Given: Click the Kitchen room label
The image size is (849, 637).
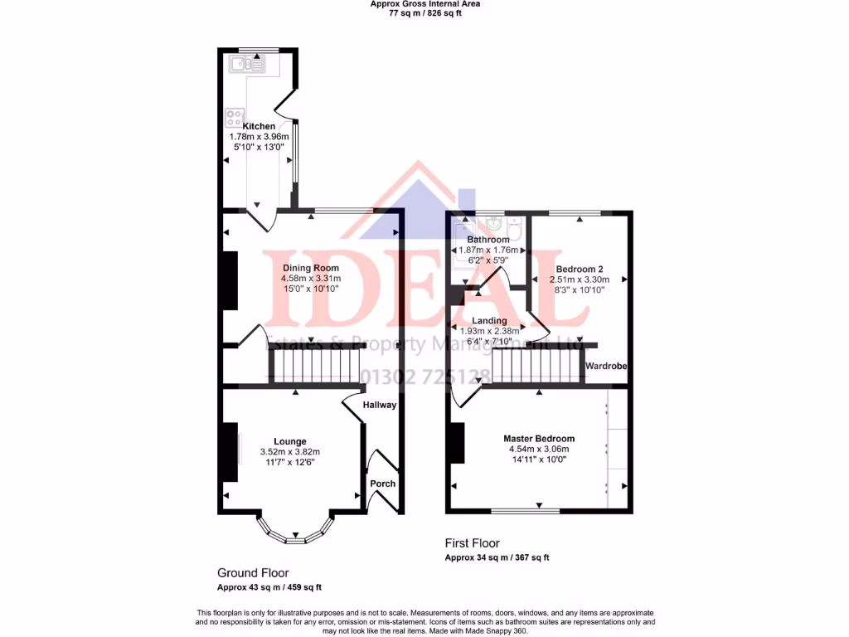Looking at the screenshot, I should click(259, 126).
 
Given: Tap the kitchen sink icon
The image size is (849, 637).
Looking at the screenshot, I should click(249, 62).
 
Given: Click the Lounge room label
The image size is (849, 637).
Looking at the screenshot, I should click(290, 441).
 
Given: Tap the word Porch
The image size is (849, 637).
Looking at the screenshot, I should click(383, 484).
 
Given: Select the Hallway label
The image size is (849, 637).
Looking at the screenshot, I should click(381, 405).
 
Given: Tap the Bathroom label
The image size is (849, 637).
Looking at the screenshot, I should click(488, 240).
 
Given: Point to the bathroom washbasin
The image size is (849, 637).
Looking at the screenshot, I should click(494, 223).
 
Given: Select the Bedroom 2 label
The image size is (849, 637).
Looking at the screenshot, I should click(579, 269).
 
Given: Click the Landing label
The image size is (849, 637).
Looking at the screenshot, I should click(489, 320).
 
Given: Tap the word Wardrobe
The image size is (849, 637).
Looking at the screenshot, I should click(605, 366).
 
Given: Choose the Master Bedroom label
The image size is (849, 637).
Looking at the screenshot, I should click(538, 439).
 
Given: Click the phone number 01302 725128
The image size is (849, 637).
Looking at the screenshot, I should click(420, 377).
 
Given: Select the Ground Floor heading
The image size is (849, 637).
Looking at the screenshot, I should click(253, 573).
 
